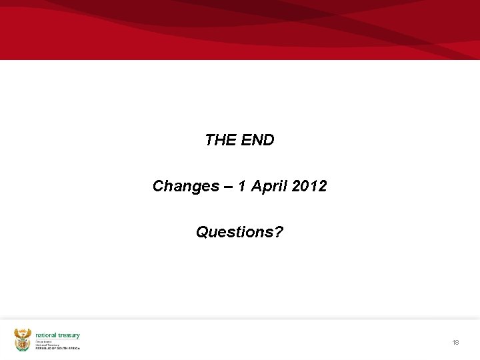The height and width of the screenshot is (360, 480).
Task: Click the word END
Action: [x=257, y=140]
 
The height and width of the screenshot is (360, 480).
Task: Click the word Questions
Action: [x=235, y=233]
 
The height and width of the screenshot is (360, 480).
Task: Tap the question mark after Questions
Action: [x=279, y=232]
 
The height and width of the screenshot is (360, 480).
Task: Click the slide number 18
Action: [x=455, y=342]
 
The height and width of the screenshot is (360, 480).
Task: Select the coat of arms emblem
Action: [x=23, y=339]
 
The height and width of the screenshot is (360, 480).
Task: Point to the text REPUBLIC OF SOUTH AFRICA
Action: [x=57, y=349]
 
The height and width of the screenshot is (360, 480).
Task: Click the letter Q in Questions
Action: [x=202, y=233]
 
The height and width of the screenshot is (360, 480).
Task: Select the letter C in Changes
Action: [x=159, y=186]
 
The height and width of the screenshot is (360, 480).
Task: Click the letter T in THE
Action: [x=210, y=140]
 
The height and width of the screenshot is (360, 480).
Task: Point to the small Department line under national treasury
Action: [x=44, y=341]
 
